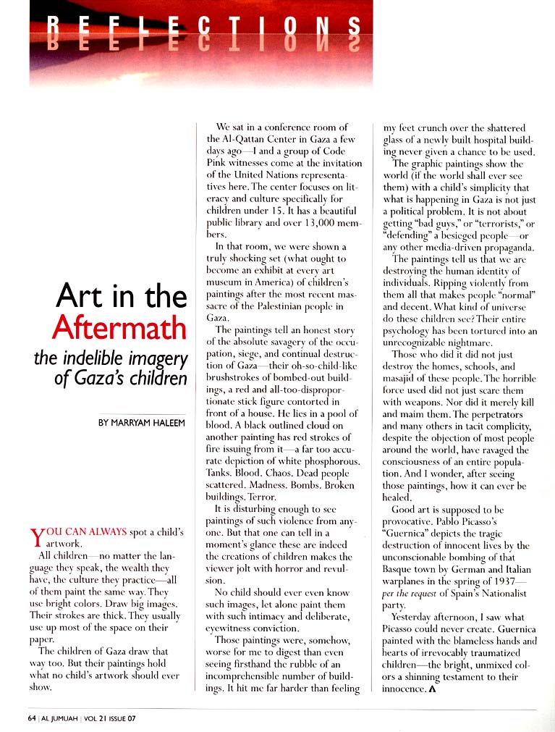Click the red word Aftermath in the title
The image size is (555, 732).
119,328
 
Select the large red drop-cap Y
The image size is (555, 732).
38,538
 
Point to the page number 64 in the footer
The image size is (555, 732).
31,718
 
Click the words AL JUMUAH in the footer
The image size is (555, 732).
61,718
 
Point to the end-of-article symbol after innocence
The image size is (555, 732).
432,689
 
